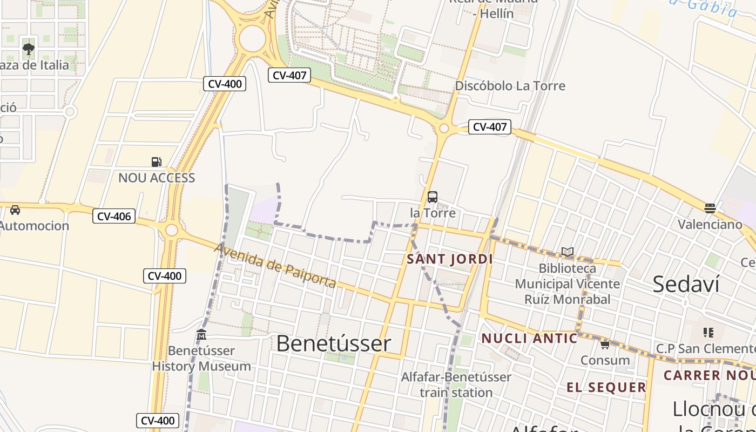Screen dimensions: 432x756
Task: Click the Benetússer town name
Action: pyautogui.click(x=333, y=343)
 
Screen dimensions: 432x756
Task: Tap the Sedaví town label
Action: pyautogui.click(x=685, y=284)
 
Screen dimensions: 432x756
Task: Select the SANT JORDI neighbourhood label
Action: pyautogui.click(x=450, y=259)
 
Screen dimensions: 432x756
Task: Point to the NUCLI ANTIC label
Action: pyautogui.click(x=529, y=339)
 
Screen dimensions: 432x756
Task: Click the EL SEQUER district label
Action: pyautogui.click(x=606, y=387)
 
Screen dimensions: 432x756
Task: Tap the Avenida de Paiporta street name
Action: pyautogui.click(x=275, y=266)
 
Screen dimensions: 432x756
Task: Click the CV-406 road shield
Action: pyautogui.click(x=114, y=217)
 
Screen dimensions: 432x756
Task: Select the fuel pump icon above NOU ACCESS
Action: pyautogui.click(x=156, y=161)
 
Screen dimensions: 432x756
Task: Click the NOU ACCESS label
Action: pyautogui.click(x=157, y=178)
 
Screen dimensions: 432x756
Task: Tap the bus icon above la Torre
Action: pyautogui.click(x=433, y=197)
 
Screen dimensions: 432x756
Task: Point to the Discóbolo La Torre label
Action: pyautogui.click(x=510, y=86)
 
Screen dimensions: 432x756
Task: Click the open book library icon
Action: pyautogui.click(x=567, y=252)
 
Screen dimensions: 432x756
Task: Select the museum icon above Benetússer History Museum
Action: pyautogui.click(x=201, y=335)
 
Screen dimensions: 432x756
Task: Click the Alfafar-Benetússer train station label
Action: pyautogui.click(x=456, y=384)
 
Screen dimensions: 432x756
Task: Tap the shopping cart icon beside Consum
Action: pyautogui.click(x=605, y=345)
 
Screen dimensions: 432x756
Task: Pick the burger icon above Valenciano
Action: pyautogui.click(x=710, y=208)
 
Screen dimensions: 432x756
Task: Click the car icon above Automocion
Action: pyautogui.click(x=15, y=210)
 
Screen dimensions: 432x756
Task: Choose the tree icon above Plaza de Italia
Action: pyautogui.click(x=29, y=50)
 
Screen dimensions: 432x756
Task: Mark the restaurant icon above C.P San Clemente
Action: pyautogui.click(x=708, y=333)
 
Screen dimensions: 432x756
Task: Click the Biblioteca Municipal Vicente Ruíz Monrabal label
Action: pyautogui.click(x=567, y=283)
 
